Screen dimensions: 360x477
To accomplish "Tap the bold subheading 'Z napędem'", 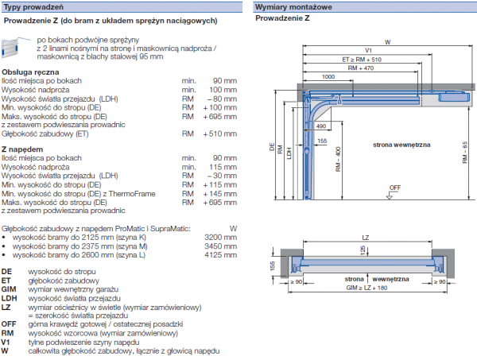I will tap(21, 149).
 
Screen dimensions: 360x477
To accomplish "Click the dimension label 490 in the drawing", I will tap(320, 126).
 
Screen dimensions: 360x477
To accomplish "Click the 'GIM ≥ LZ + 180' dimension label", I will tap(365, 288).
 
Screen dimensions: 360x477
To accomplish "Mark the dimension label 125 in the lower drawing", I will tap(364, 250).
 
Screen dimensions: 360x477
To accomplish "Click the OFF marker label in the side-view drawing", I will tap(395, 188).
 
